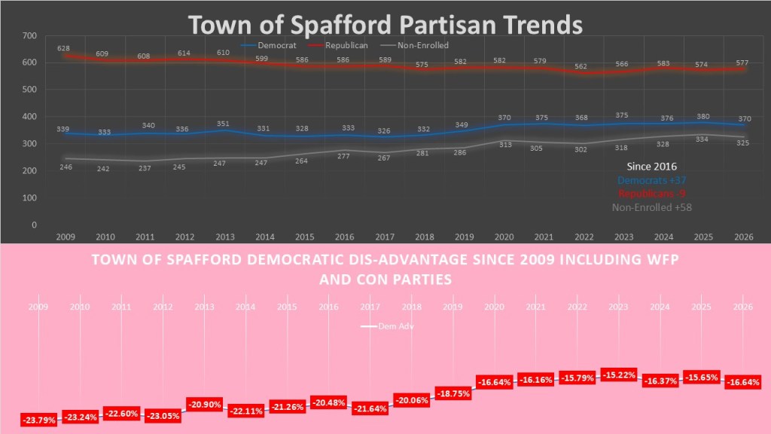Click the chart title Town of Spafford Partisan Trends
(x=385, y=24)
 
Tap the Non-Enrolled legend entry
(x=423, y=45)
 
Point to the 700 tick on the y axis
(x=29, y=36)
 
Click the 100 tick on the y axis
(x=29, y=198)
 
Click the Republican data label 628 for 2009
(x=63, y=48)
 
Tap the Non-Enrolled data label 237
(x=146, y=169)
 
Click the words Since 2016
(x=652, y=166)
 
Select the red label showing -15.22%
(x=620, y=375)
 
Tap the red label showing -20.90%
(x=205, y=404)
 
